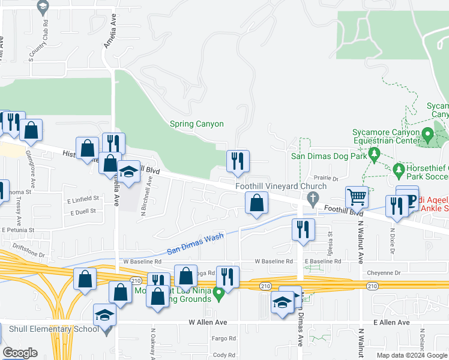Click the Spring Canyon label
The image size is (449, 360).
(x=196, y=124)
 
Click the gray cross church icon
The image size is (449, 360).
(x=312, y=198)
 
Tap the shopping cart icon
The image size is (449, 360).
(x=357, y=196)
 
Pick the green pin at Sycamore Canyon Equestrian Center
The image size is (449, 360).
(x=427, y=133)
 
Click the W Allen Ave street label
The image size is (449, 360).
(x=209, y=322)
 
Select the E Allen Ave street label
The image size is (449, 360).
(x=391, y=322)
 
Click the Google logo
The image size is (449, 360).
(x=20, y=353)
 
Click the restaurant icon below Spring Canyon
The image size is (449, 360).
(x=238, y=161)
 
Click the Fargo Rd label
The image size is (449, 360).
(x=223, y=339)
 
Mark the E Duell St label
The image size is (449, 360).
(x=83, y=213)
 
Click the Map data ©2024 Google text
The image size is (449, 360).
(x=411, y=355)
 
